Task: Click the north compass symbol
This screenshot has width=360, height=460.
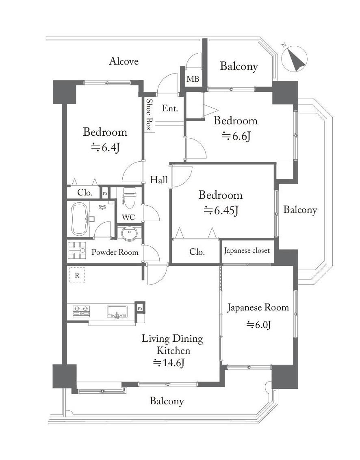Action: (294, 59)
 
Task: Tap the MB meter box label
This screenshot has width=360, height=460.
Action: (193, 79)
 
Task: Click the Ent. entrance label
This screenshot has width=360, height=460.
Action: (170, 108)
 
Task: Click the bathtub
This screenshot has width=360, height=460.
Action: (80, 219)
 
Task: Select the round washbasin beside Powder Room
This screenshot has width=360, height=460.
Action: (129, 234)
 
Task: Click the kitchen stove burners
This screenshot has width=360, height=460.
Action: (81, 311)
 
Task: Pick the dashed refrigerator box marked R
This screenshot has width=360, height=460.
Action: (77, 275)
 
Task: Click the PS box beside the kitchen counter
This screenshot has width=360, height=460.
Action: (140, 308)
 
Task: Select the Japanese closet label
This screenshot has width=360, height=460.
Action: (247, 251)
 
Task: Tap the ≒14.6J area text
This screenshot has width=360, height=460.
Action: (169, 363)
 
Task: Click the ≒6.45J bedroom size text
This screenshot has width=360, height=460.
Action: (221, 210)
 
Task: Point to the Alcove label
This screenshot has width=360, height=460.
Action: (124, 61)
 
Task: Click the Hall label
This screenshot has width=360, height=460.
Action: (159, 180)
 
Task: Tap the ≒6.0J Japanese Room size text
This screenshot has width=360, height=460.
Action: (258, 325)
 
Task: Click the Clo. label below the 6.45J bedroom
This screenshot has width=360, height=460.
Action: (197, 252)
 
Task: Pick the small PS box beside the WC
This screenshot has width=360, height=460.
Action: (105, 193)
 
